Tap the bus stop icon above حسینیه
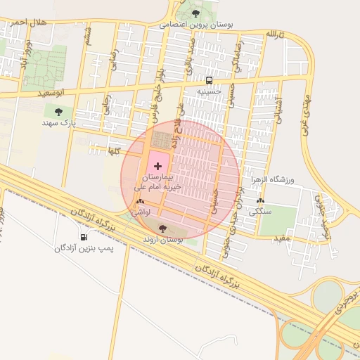(x=210, y=80)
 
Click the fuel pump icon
(x=84, y=237)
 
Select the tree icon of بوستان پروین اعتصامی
(x=195, y=13)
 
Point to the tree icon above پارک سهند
(x=58, y=111)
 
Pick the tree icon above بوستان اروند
(x=163, y=228)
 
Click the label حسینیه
(x=209, y=91)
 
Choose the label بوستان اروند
(x=163, y=240)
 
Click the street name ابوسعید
(x=55, y=92)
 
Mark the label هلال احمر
(x=28, y=22)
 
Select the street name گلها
(x=114, y=150)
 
